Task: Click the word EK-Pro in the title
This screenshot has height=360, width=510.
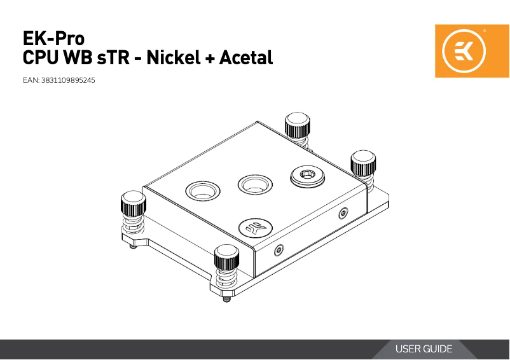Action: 53,38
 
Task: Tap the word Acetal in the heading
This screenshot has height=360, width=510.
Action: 245,59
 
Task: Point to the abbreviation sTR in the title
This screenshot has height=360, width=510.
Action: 113,59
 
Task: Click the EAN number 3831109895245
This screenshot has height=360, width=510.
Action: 68,81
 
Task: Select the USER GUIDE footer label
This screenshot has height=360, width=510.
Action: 424,349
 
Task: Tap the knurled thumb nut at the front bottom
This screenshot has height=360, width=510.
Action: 228,257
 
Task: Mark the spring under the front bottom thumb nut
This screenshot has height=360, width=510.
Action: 227,280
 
